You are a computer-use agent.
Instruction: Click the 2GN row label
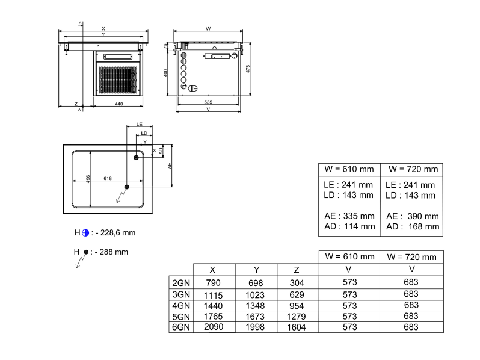[x=181, y=283]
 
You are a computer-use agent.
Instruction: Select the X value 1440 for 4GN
[x=214, y=306]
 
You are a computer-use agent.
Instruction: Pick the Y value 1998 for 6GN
[x=255, y=327]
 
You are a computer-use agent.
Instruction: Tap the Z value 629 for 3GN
[x=297, y=295]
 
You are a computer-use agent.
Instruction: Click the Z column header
[x=297, y=270]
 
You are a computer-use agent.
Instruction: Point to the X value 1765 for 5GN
[x=214, y=317]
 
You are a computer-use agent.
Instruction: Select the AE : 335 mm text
[x=349, y=216]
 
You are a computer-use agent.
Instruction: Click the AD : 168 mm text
[x=413, y=227]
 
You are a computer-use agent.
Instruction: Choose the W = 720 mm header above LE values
[x=413, y=169]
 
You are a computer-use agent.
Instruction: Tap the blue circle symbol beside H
[x=85, y=233]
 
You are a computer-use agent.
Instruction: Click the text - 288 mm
[x=111, y=252]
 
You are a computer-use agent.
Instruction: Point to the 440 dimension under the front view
[x=118, y=104]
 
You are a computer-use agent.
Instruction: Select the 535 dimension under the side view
[x=208, y=102]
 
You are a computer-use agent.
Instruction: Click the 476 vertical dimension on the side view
[x=248, y=69]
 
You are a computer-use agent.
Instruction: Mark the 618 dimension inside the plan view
[x=108, y=178]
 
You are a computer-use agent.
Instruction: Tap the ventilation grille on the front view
[x=118, y=79]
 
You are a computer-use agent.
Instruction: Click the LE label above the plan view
[x=140, y=124]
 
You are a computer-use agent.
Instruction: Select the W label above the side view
[x=208, y=29]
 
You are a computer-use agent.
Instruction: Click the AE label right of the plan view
[x=170, y=166]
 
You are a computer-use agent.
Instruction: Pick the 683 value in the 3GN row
[x=411, y=294]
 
